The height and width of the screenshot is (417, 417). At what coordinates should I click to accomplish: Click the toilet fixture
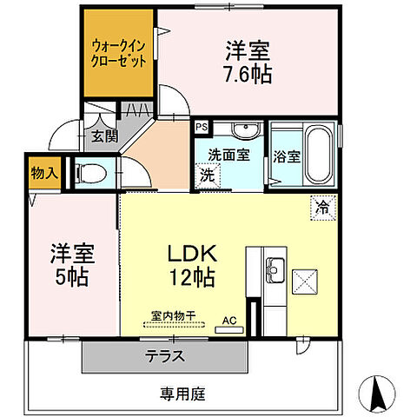93,173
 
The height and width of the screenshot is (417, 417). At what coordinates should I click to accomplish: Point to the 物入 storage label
43,172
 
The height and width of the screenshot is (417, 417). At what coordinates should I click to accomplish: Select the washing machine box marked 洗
208,174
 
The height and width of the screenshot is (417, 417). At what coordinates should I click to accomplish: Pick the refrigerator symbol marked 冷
322,208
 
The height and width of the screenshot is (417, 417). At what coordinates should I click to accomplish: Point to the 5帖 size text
71,278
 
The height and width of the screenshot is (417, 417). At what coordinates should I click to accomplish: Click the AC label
230,320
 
